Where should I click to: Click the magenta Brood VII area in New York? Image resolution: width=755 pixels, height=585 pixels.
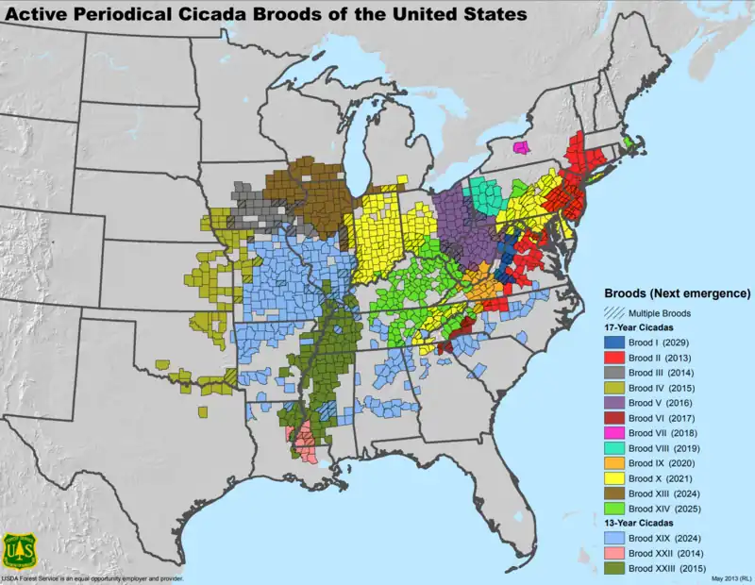coord(519,147)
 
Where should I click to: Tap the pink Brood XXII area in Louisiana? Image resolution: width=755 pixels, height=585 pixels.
coord(304,439)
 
